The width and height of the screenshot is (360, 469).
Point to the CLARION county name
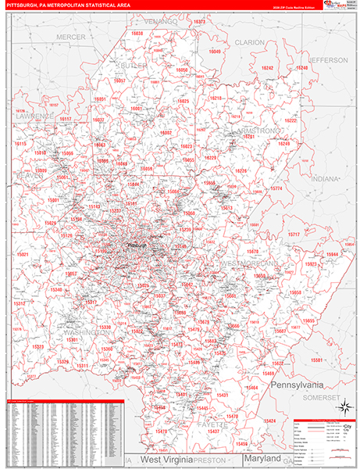pyautogui.click(x=250, y=41)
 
